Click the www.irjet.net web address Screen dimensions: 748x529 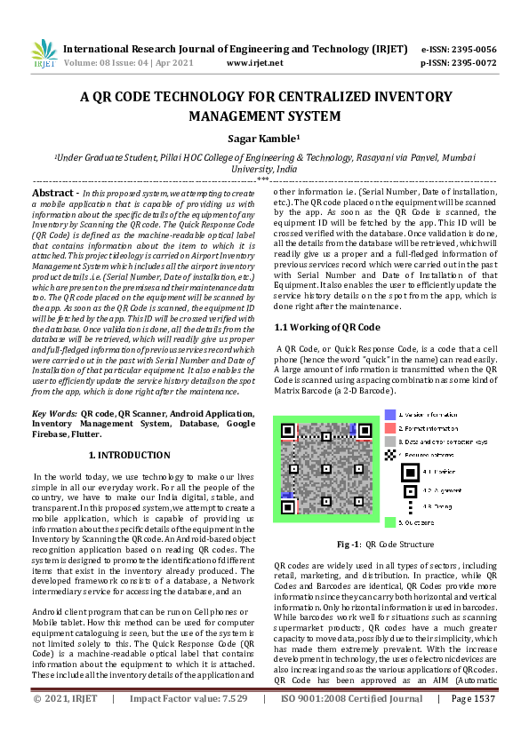[x=255, y=63]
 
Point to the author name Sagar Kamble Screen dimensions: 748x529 [x=263, y=139]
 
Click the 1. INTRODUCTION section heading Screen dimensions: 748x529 [x=131, y=455]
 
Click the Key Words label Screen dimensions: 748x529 [x=54, y=414]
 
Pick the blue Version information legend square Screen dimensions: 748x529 [x=390, y=414]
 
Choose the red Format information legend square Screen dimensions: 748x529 [x=390, y=427]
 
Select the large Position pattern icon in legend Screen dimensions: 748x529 [x=390, y=454]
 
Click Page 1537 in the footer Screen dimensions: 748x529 [x=472, y=724]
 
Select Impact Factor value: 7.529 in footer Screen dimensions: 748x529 [x=188, y=724]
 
